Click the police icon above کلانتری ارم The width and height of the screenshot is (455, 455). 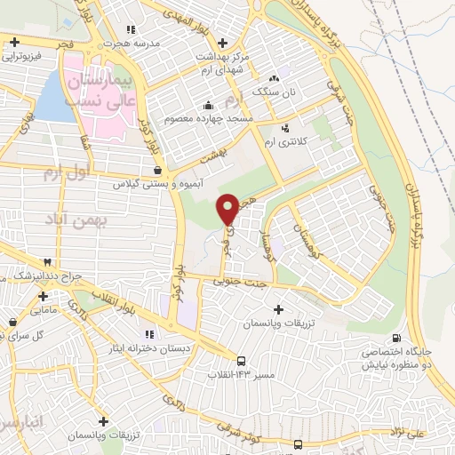pyautogui.click(x=285, y=127)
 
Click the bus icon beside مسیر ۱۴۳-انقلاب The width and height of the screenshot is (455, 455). pyautogui.click(x=242, y=360)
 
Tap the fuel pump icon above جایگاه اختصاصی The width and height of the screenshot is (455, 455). pyautogui.click(x=396, y=339)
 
